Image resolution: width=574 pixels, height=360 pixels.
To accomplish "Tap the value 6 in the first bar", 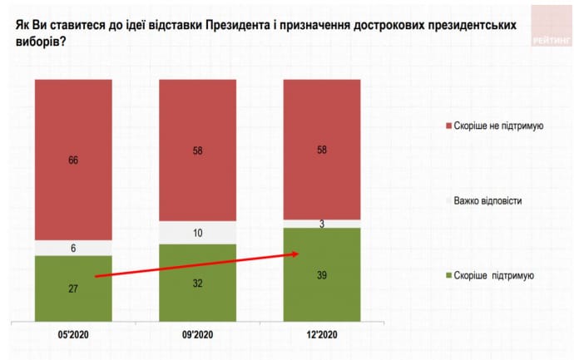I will coord(72,248).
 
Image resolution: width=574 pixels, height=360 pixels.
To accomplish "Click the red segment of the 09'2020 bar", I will coord(197,150).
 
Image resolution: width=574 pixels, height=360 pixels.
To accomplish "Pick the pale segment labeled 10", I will coord(197,233).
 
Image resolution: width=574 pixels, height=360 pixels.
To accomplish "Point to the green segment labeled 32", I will coord(197,283).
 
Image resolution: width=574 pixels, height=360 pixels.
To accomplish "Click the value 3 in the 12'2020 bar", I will coord(322,223).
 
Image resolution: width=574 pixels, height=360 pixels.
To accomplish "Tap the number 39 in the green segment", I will coord(322,275).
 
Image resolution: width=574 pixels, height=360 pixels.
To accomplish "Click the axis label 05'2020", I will coord(72,337).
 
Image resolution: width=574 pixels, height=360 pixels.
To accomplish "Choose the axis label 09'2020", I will coord(197,337).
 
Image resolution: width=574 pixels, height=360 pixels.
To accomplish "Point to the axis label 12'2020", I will coord(322,337).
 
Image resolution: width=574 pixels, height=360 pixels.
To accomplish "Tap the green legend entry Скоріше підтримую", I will coord(496,275).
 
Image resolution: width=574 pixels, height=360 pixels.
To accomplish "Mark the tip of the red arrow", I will coord(299,254).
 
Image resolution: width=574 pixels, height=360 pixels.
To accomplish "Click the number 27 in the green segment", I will coord(72,289).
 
